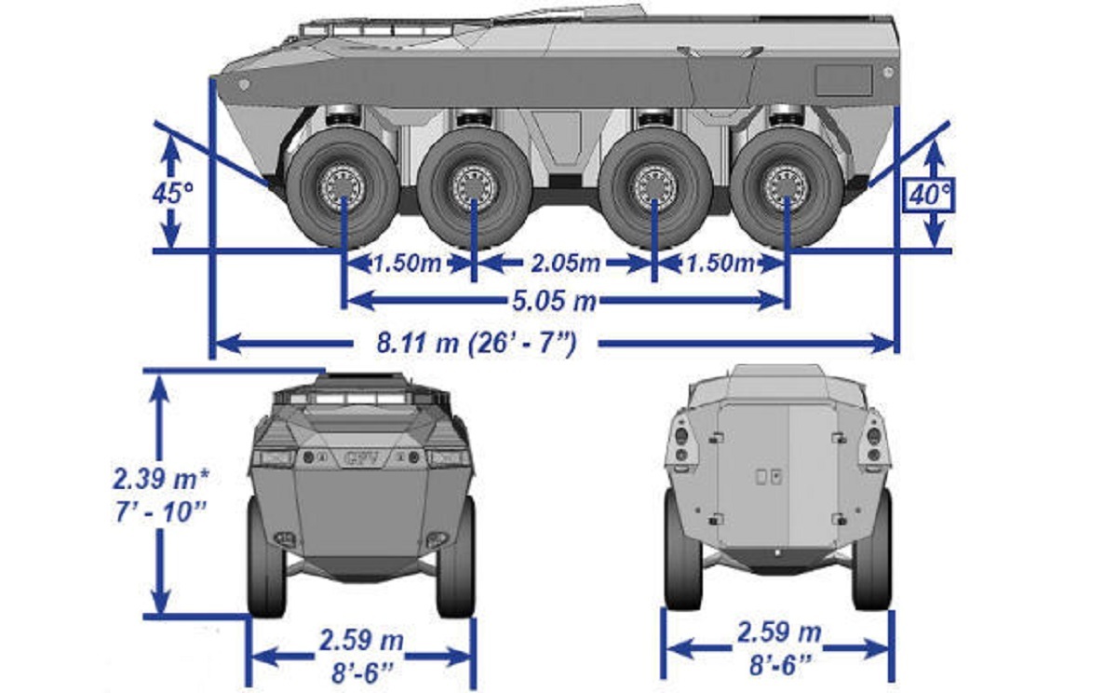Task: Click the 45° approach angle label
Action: (x=172, y=193)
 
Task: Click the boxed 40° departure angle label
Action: (x=930, y=194)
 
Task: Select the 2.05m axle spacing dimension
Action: (x=565, y=264)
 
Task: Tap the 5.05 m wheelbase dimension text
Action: (x=555, y=301)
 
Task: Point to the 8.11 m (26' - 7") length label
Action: (x=477, y=344)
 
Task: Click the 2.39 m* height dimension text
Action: (x=160, y=479)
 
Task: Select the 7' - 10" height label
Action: (x=160, y=512)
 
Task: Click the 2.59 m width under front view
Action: (x=361, y=640)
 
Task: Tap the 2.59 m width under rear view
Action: (x=779, y=632)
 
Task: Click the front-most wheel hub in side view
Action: (x=343, y=188)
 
